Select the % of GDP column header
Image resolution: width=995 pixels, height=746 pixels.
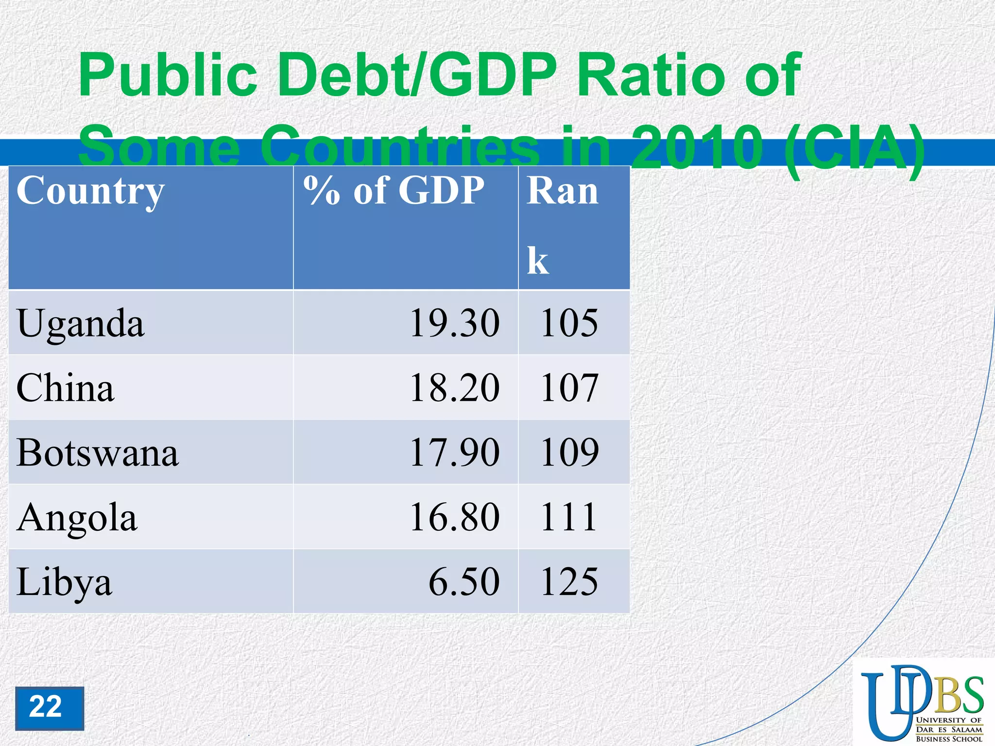point(394,191)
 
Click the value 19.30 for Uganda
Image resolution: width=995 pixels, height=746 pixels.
point(454,323)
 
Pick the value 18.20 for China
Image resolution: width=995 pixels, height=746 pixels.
point(454,388)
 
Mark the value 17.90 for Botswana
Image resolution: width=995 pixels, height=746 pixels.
point(454,453)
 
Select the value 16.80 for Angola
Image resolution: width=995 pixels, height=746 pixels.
point(454,517)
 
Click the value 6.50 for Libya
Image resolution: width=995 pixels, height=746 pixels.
point(464,582)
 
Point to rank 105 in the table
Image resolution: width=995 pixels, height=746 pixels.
point(569,323)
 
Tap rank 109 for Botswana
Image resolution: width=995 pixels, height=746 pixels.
point(569,453)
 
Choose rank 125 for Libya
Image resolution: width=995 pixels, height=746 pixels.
point(569,582)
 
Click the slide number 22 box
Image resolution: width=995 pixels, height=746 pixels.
point(49,708)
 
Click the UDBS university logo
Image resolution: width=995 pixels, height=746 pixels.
point(922,702)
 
